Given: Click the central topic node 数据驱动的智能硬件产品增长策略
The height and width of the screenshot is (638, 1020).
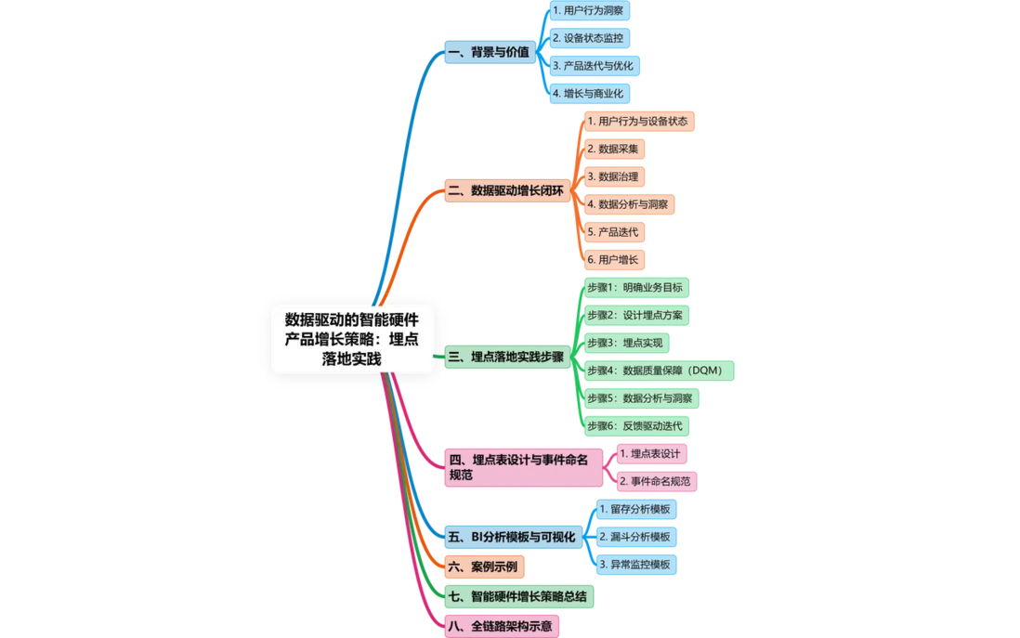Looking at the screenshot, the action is coord(352,339).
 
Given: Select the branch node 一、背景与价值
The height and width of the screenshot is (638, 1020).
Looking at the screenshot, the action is coord(490,52).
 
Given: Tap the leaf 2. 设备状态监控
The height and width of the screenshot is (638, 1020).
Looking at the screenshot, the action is coord(589,38).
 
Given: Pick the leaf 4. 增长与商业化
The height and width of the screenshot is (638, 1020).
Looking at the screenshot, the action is coord(589,94).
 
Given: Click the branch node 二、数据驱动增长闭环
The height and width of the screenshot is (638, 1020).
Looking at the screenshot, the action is coord(507,190).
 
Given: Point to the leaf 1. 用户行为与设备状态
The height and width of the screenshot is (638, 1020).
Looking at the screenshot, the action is coord(639,122).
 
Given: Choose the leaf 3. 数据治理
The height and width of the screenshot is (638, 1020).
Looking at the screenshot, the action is coord(614,176).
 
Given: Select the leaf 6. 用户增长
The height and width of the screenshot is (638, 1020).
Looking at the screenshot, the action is coord(614,260).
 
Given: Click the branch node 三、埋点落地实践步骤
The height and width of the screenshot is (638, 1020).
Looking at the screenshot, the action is coord(507,357).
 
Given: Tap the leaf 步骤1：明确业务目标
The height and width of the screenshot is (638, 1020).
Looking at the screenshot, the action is coord(636,288).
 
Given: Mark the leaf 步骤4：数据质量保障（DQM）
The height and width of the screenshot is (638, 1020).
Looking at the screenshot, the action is coord(659,371).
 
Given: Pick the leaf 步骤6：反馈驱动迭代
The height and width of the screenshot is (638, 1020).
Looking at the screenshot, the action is coord(636,426).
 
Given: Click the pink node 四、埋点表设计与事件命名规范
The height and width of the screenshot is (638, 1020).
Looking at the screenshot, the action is coord(524,468).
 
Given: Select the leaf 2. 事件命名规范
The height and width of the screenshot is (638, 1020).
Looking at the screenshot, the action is coord(657,481).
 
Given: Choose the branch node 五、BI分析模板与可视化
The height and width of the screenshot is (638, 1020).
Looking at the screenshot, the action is coord(514,537).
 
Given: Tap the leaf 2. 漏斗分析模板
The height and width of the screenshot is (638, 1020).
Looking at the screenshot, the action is coord(636,537).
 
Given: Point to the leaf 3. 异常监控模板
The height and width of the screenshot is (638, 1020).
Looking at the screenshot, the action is coord(636,565).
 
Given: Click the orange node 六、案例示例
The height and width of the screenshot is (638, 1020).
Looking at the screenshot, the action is coord(484,567).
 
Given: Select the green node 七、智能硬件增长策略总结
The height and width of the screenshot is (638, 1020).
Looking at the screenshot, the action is coord(519,597).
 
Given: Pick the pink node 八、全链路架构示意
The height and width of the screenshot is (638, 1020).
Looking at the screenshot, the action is coord(502,627).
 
